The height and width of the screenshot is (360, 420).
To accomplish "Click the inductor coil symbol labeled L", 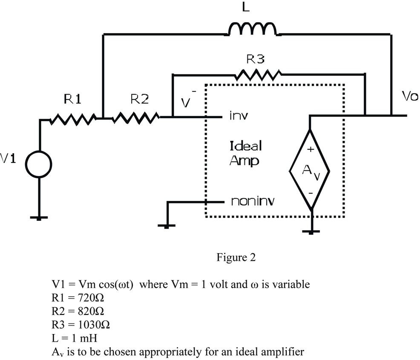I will (x=253, y=29).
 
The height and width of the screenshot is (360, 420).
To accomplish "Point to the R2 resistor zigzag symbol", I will (x=135, y=117).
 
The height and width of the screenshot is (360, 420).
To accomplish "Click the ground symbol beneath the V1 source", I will (x=39, y=217).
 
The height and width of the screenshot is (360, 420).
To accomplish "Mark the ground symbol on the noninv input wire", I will (x=167, y=225).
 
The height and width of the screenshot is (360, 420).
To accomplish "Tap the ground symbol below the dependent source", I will (x=311, y=231).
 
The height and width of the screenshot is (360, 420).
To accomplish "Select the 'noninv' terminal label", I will (x=253, y=201).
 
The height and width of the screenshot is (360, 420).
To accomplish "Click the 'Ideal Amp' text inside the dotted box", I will (x=246, y=153).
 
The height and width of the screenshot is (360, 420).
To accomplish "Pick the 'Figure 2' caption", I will (x=236, y=258).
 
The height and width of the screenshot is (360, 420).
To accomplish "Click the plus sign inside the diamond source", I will (x=311, y=149).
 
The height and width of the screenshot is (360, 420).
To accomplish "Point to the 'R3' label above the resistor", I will (x=257, y=60).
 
